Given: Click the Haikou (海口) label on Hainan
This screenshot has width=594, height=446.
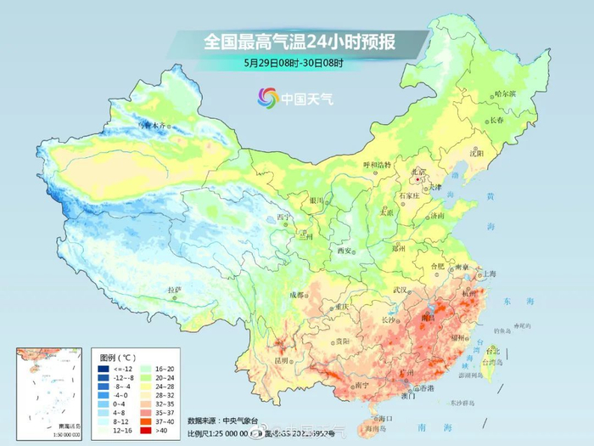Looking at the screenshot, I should (387, 419).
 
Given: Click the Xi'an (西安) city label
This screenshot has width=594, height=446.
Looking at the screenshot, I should (344, 251).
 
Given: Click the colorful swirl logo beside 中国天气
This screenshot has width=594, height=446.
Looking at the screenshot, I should (268, 98).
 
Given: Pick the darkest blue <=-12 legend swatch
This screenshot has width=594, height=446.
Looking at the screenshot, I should (103, 369).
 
